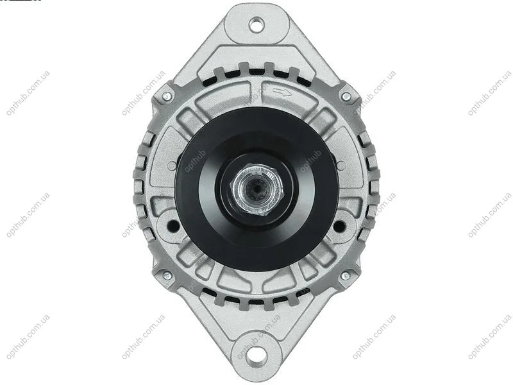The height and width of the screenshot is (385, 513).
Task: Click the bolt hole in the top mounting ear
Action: pyautogui.click(x=256, y=24)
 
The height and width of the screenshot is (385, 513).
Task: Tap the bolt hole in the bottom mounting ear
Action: pyautogui.click(x=256, y=355)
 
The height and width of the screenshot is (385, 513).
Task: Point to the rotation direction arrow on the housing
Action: pyautogui.click(x=282, y=92)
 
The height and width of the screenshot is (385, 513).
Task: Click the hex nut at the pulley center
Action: pyautogui.click(x=256, y=189)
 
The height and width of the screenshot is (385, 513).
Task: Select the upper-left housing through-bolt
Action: pyautogui.click(x=167, y=96)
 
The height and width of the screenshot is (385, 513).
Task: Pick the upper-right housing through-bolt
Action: pyautogui.click(x=346, y=96)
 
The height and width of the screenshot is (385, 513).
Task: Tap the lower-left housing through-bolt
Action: pyautogui.click(x=167, y=276)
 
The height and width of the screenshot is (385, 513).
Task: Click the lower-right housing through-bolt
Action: pyautogui.click(x=346, y=276)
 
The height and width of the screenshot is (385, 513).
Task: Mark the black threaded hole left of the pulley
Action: pyautogui.click(x=173, y=226)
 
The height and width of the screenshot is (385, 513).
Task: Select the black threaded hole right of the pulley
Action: pyautogui.click(x=339, y=226)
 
